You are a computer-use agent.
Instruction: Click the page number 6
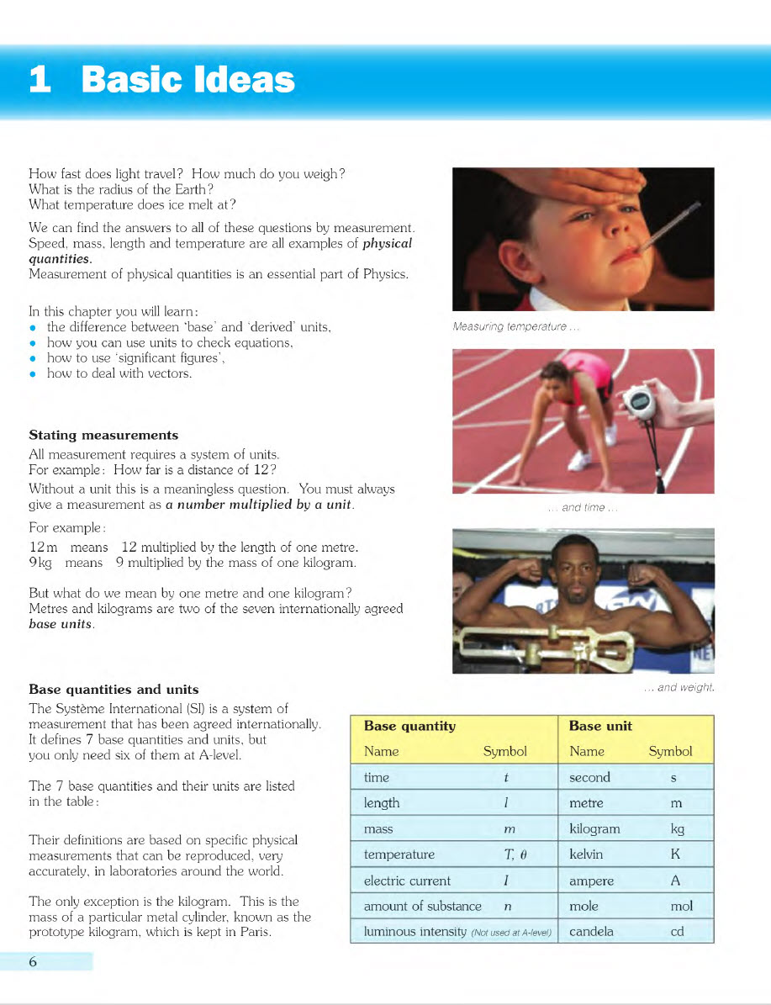click(33, 962)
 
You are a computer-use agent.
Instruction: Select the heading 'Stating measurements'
click(103, 435)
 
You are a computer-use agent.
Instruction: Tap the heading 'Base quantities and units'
click(114, 690)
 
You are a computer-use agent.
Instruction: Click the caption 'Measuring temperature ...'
click(515, 327)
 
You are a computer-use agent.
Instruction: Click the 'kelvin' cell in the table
click(585, 854)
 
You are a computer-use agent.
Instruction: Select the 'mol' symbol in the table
click(681, 907)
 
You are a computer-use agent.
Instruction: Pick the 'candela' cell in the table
click(591, 932)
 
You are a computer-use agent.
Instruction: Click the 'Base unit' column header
click(600, 726)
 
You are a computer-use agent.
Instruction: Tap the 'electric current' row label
click(407, 881)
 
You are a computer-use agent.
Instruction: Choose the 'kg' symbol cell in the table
click(678, 829)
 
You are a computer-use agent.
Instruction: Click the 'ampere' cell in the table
click(591, 881)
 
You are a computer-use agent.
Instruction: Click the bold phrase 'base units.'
click(61, 625)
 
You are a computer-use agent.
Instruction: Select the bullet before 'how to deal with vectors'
click(33, 374)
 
